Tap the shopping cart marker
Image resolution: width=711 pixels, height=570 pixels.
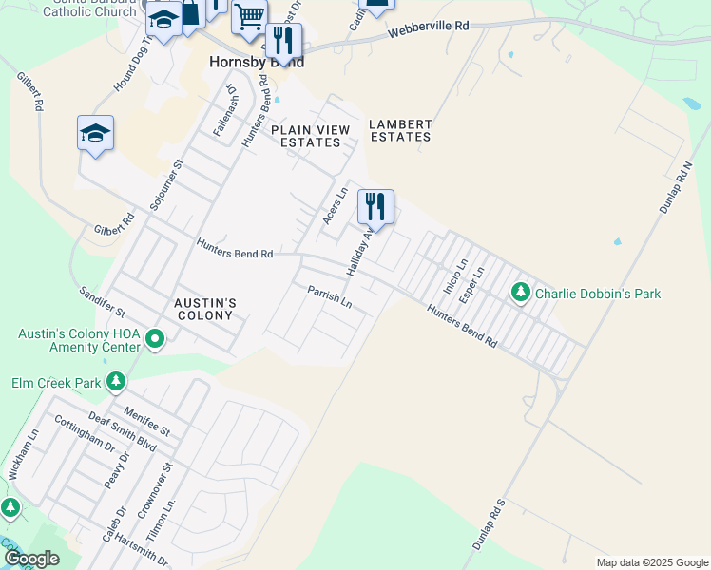[x=249, y=15]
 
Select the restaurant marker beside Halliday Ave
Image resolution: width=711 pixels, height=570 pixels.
[x=375, y=206]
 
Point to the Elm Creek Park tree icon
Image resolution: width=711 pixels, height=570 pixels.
[x=116, y=382]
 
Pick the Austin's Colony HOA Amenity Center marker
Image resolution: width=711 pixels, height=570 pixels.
[x=156, y=337]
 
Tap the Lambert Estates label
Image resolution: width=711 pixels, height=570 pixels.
[x=400, y=130]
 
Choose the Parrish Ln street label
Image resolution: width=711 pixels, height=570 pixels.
[x=330, y=297]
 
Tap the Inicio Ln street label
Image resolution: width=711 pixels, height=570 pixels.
[x=455, y=275]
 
